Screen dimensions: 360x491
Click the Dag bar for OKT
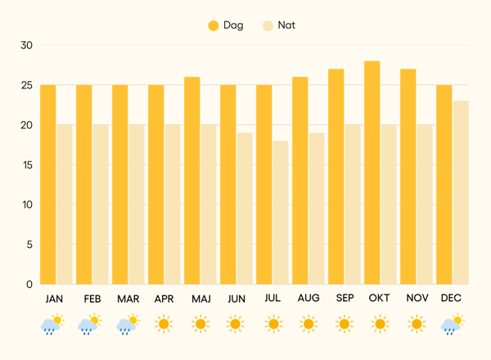click(372, 173)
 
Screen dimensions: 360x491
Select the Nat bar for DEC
click(461, 192)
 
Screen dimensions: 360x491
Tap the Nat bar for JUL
click(281, 213)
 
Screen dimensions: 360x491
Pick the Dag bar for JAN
click(48, 184)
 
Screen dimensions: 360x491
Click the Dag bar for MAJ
click(192, 180)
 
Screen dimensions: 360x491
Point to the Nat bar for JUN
click(245, 209)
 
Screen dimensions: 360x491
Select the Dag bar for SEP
click(336, 177)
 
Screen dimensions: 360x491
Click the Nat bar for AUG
click(317, 209)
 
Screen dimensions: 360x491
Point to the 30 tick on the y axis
click(26, 46)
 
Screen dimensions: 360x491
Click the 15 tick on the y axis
click(26, 165)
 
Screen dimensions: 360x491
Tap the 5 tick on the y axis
click(29, 245)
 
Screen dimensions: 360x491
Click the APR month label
click(164, 299)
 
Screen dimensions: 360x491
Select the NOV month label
click(416, 299)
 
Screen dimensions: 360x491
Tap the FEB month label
click(92, 299)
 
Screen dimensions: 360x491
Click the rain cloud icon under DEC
click(452, 326)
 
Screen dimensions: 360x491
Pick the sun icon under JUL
click(273, 325)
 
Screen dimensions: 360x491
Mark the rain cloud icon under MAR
click(128, 326)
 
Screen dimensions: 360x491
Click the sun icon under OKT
click(380, 325)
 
